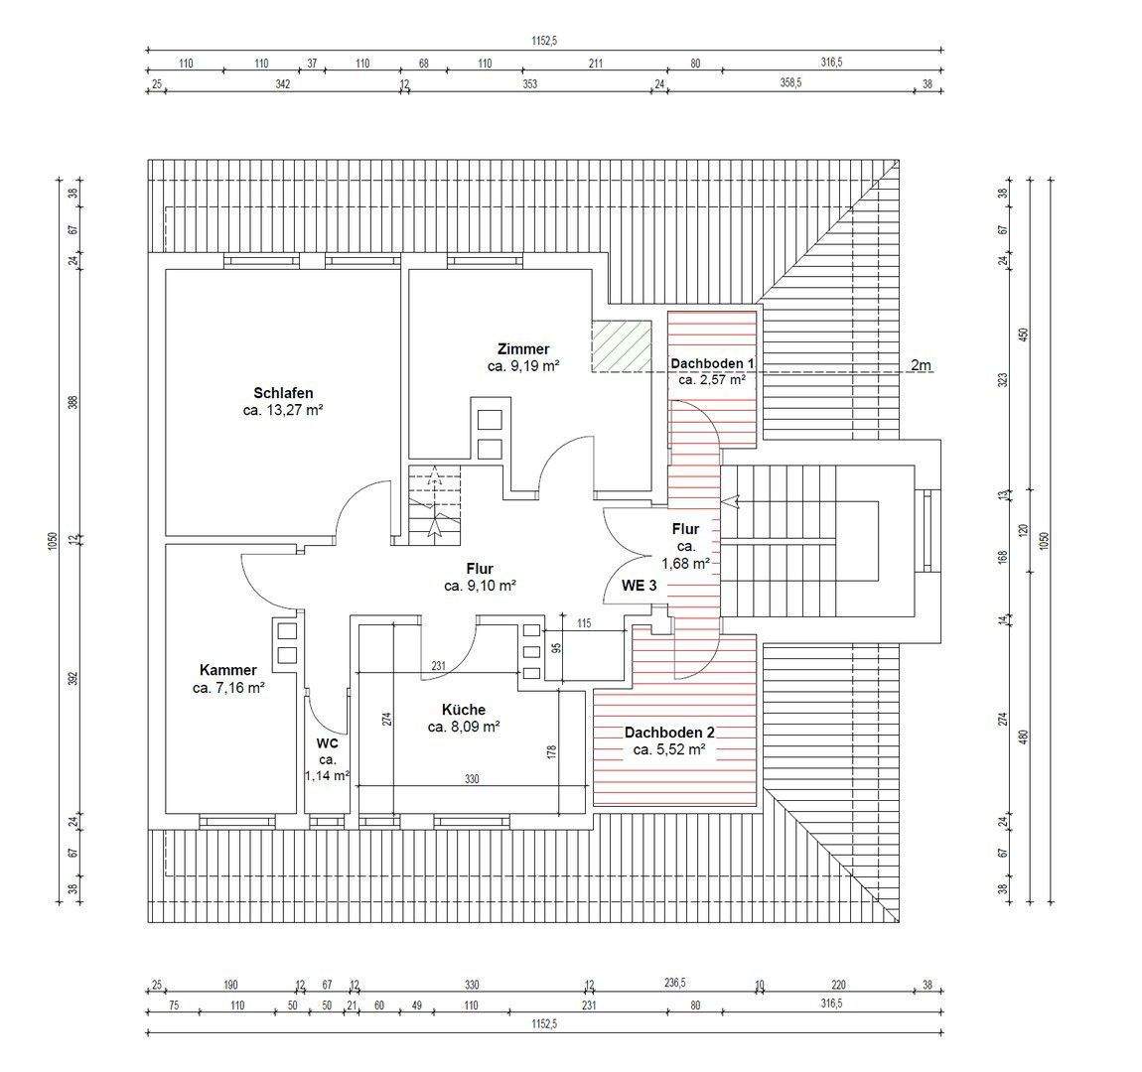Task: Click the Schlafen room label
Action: (x=283, y=393)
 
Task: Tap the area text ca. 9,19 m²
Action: (x=523, y=366)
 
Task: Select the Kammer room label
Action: (x=228, y=670)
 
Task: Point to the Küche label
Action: (x=463, y=710)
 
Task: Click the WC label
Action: (x=327, y=743)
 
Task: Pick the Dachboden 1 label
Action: (x=712, y=363)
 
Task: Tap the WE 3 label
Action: (x=639, y=585)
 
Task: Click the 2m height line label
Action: (x=921, y=365)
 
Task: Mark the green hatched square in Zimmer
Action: (x=622, y=346)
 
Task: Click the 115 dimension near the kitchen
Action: (x=583, y=623)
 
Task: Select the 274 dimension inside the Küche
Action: (x=387, y=719)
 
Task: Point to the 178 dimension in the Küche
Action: (x=551, y=752)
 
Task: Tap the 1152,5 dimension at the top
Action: (x=544, y=42)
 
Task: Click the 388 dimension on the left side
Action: (x=72, y=402)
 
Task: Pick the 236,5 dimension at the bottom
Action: (x=675, y=983)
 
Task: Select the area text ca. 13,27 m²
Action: (x=283, y=411)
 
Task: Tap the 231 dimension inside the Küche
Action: (x=439, y=666)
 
